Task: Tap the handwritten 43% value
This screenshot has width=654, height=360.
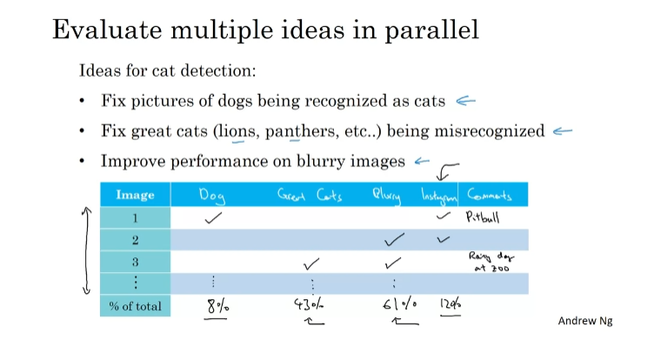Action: pyautogui.click(x=308, y=306)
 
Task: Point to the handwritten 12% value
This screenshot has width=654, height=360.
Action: pyautogui.click(x=449, y=305)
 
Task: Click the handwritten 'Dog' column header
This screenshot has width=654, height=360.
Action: pyautogui.click(x=212, y=196)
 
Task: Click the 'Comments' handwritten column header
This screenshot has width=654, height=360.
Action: pyautogui.click(x=490, y=195)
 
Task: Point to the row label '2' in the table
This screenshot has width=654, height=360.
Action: pyautogui.click(x=135, y=240)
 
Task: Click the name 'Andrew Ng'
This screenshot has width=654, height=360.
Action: pyautogui.click(x=585, y=321)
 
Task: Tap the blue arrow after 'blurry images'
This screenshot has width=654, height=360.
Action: pyautogui.click(x=423, y=160)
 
